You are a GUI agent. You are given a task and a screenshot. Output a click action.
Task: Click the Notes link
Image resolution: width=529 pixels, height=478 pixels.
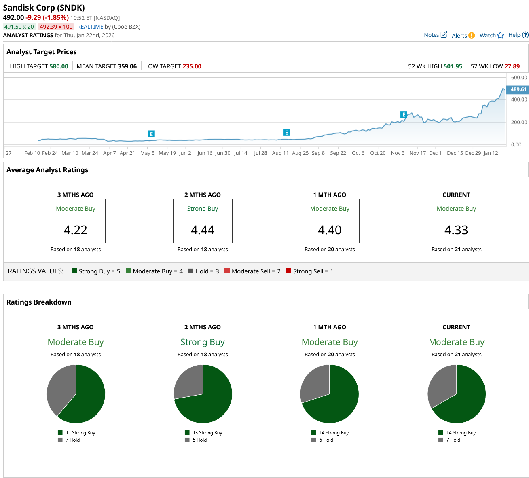click(435, 35)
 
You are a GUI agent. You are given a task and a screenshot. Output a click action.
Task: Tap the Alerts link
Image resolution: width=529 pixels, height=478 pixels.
click(463, 36)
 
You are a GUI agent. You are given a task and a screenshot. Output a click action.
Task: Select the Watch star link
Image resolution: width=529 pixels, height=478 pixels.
click(491, 35)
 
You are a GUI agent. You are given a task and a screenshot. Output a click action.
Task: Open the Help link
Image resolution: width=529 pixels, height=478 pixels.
click(518, 35)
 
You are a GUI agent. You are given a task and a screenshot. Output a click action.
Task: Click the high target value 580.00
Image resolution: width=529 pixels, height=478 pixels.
click(59, 66)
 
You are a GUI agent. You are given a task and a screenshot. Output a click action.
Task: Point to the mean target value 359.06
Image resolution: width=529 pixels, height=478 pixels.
click(127, 66)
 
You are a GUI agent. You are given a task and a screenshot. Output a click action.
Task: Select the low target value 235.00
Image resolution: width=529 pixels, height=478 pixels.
click(192, 66)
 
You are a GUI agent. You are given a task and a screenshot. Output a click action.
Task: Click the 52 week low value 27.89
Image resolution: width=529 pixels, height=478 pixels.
click(512, 66)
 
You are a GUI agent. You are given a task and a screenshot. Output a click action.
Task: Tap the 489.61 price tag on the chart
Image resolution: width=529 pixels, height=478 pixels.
click(518, 89)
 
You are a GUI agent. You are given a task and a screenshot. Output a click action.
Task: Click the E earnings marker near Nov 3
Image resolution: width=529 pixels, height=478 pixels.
click(403, 114)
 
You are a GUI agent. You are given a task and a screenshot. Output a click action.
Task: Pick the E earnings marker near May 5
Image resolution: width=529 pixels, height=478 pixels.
click(151, 134)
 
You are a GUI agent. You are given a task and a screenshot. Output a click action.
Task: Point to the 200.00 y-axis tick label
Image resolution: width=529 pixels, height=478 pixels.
click(519, 122)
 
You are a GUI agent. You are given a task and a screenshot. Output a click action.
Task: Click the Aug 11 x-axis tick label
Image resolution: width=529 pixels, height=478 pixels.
click(280, 153)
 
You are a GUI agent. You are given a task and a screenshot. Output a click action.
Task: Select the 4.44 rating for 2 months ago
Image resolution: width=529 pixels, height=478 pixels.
click(203, 230)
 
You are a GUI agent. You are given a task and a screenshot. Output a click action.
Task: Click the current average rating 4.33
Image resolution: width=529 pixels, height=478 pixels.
click(456, 230)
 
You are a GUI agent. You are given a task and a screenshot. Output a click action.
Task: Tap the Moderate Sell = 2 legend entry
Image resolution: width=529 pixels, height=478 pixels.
click(256, 271)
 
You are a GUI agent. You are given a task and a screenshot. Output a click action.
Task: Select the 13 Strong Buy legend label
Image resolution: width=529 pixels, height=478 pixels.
click(207, 433)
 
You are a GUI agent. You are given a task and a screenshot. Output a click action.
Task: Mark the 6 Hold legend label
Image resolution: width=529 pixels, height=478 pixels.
click(326, 440)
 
